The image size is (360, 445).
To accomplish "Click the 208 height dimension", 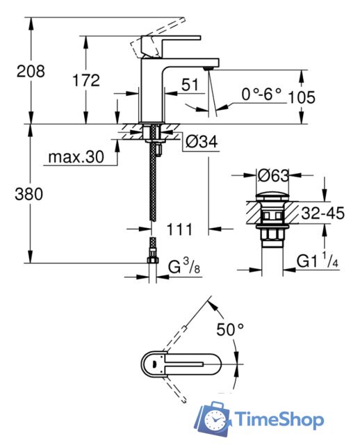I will (31, 71).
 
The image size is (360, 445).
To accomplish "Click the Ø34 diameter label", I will (202, 142).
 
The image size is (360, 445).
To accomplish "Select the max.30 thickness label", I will (75, 158).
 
